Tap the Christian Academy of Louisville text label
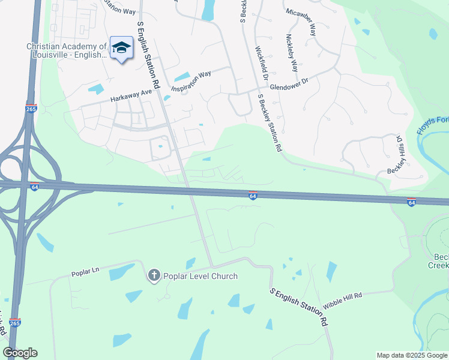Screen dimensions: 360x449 point(67,50)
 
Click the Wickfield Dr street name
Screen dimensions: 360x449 point(262,64)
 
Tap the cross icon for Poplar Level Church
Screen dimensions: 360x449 point(154,275)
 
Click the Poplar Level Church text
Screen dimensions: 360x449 point(200,276)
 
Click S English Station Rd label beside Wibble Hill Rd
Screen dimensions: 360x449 point(299,305)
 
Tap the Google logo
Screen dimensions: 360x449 point(20,353)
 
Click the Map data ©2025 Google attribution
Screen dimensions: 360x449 point(412,355)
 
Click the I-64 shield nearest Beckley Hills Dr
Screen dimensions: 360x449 point(411,202)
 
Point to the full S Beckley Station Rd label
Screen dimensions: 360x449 point(269,123)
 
